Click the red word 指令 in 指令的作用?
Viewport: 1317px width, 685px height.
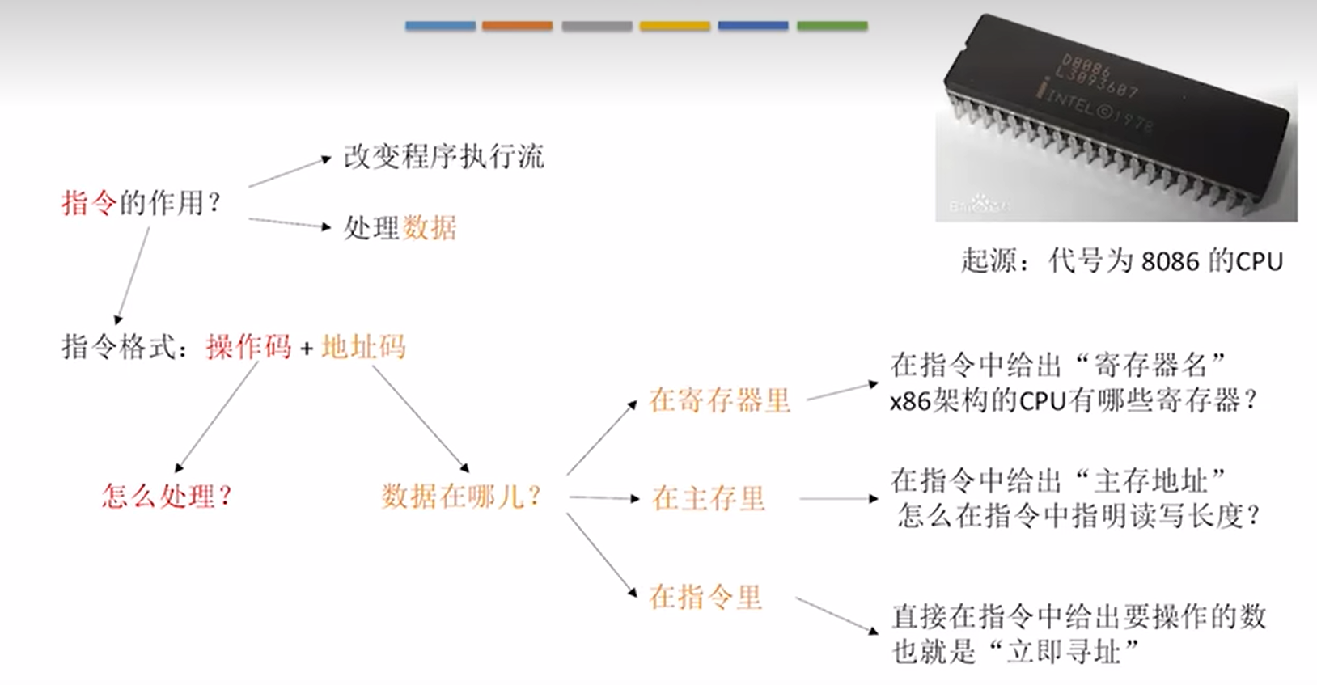tap(90, 202)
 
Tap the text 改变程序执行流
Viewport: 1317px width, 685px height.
tap(443, 156)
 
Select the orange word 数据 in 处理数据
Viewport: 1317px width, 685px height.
tap(429, 228)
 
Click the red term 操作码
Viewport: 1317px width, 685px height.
tap(248, 347)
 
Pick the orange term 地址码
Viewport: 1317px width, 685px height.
tap(363, 347)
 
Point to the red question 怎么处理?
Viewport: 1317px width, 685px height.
tap(167, 495)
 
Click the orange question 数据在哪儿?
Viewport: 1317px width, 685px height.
tap(461, 496)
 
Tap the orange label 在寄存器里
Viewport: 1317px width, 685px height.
tap(719, 400)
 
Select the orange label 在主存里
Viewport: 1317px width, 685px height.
tap(709, 498)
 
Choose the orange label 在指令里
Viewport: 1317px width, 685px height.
tap(705, 597)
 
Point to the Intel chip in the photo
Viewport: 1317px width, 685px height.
tap(1116, 113)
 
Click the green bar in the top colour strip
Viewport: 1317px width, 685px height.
tap(832, 26)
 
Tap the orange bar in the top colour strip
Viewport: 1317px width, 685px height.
tap(517, 26)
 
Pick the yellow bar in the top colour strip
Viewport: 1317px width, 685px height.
tap(675, 26)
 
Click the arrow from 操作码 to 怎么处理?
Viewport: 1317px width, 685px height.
tap(217, 416)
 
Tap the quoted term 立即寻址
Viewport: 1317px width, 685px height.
tap(1063, 651)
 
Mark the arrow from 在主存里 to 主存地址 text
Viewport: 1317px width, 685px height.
tap(838, 498)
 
